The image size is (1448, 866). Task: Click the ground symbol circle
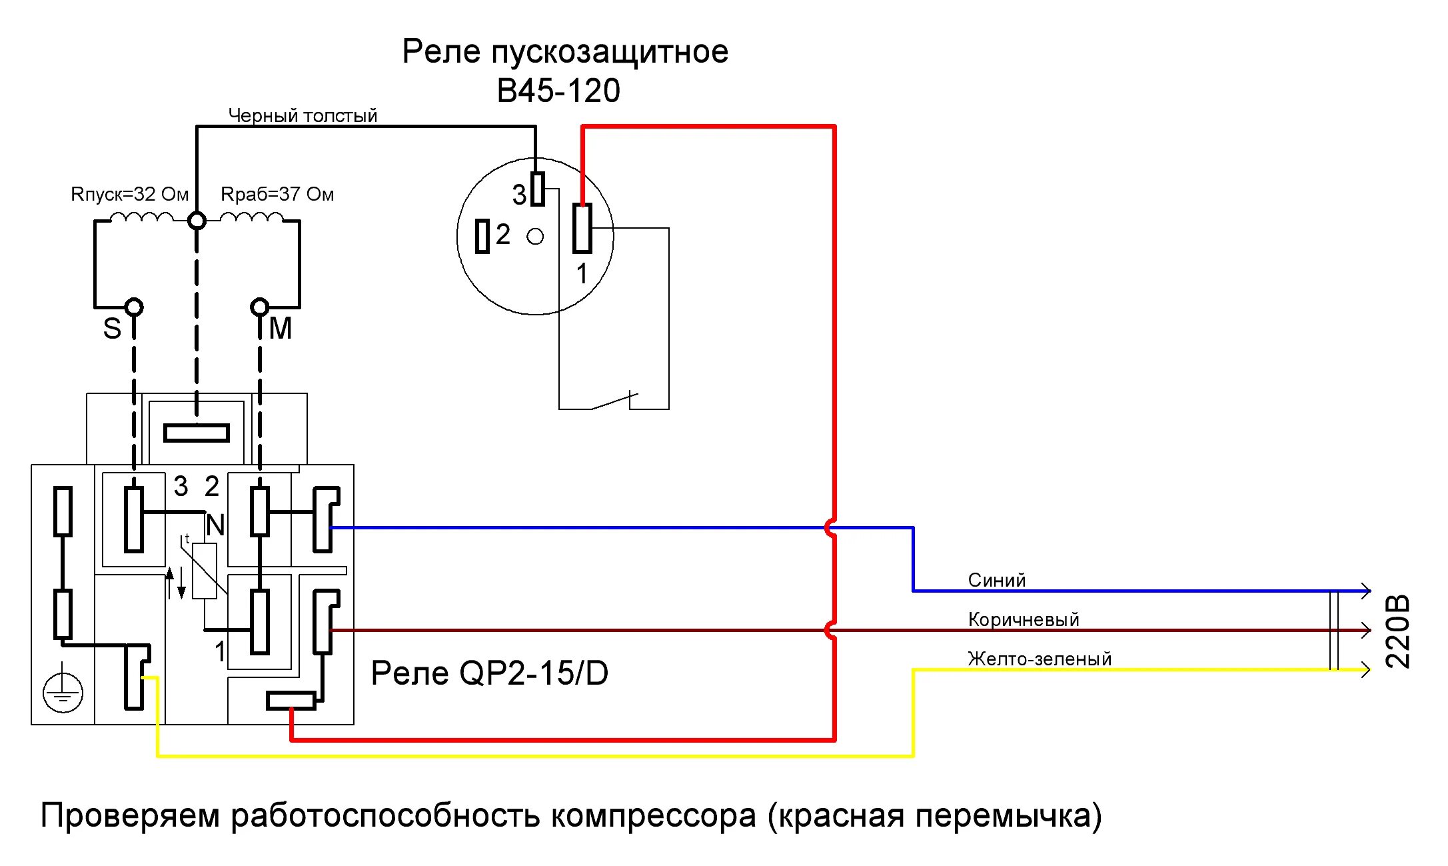click(x=63, y=693)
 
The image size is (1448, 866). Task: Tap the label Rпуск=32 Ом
click(x=130, y=195)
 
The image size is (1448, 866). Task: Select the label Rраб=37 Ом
click(x=277, y=195)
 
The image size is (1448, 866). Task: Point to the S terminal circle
click(x=134, y=307)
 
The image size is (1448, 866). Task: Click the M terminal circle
click(x=259, y=307)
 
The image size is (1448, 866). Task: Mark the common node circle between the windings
click(x=197, y=220)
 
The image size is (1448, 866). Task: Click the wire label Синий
click(x=996, y=580)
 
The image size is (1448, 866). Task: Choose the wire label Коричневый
click(x=1024, y=619)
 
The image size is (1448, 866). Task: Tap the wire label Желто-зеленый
click(x=1040, y=659)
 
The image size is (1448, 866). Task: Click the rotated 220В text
click(x=1398, y=631)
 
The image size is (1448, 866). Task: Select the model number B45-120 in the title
click(x=558, y=91)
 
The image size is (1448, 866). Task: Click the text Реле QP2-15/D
click(x=490, y=673)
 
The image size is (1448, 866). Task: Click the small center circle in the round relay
click(x=535, y=236)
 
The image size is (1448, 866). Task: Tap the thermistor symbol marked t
click(x=205, y=571)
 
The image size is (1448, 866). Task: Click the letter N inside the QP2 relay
click(x=215, y=525)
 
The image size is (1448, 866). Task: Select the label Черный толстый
click(x=303, y=115)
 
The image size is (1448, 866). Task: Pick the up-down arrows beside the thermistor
click(x=175, y=583)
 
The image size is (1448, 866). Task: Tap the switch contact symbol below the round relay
click(x=614, y=401)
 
